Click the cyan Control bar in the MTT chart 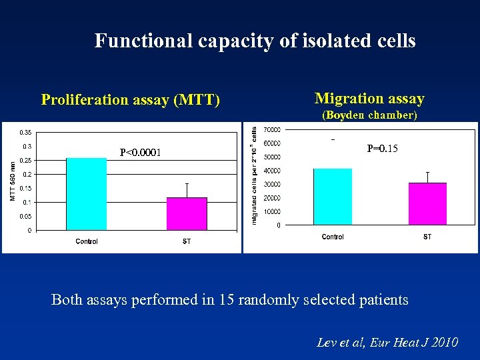86,194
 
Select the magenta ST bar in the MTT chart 187,213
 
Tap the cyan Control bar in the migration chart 332,197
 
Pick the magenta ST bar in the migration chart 427,203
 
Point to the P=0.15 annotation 383,149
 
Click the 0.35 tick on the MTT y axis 24,132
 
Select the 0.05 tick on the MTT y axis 24,216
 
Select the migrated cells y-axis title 255,175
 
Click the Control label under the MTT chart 87,241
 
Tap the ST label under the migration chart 427,237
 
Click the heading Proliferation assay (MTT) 131,100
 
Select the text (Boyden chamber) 369,115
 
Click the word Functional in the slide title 143,41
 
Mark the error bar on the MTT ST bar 187,189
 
